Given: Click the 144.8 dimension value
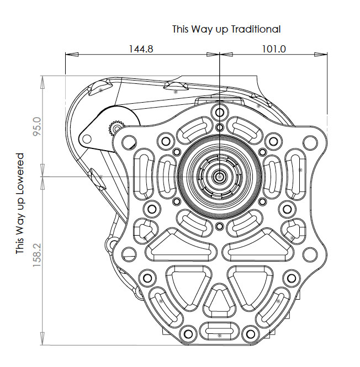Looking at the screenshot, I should click(141, 49).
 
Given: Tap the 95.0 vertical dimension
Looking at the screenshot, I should click(37, 128).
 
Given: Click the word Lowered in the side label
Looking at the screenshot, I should click(20, 171).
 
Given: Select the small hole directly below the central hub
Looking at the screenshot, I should click(220, 227).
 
